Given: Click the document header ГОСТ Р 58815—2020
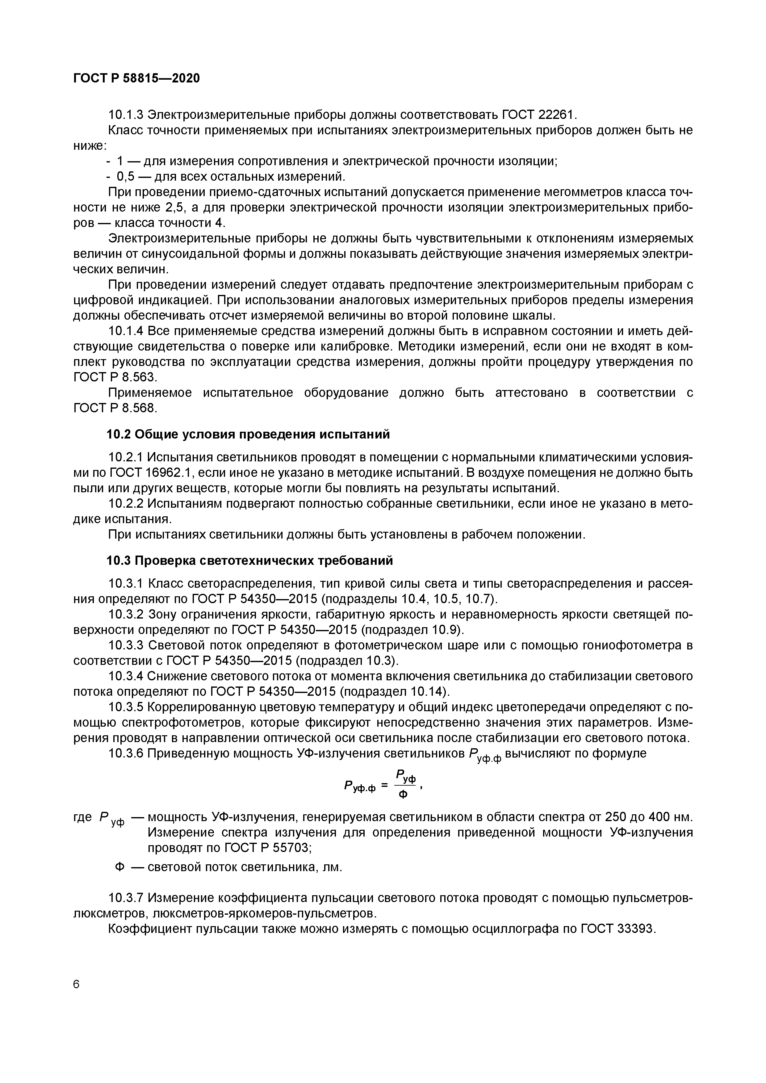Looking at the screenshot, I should point(136,78).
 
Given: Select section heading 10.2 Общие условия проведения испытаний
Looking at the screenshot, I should point(248,434).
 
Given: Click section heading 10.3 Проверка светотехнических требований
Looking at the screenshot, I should point(249,560).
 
